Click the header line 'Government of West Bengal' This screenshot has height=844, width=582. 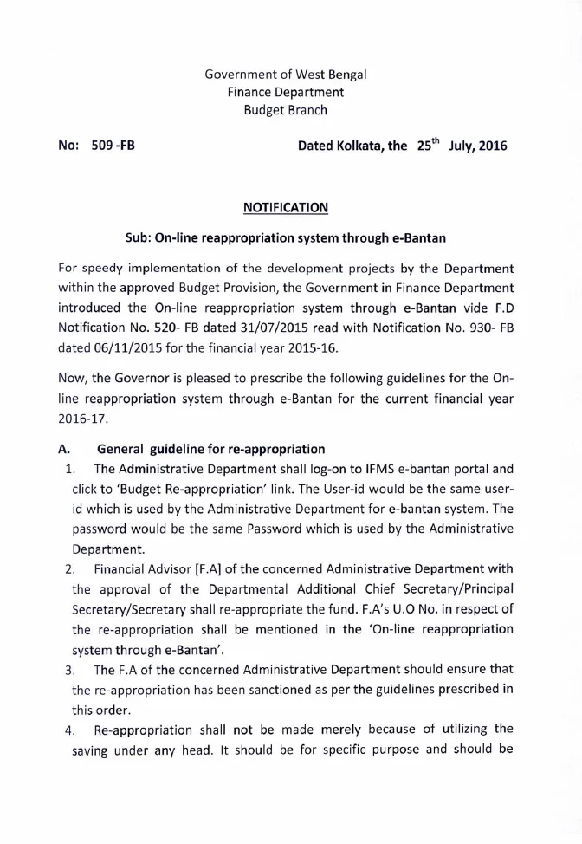286,75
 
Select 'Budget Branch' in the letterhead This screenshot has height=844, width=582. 286,110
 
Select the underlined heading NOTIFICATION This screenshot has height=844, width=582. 286,207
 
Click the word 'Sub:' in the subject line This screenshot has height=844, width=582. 140,238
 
